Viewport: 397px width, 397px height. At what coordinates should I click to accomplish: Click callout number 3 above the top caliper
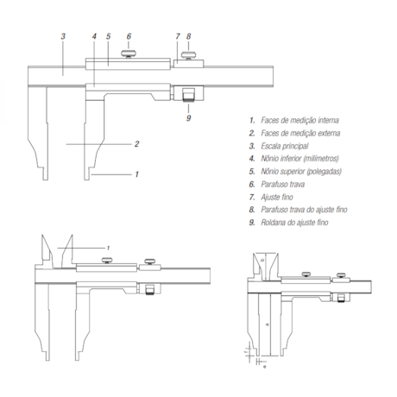pyautogui.click(x=63, y=36)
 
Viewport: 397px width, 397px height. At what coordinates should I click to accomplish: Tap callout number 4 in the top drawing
pyautogui.click(x=94, y=36)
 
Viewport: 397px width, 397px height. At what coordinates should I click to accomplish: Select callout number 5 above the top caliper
pyautogui.click(x=108, y=36)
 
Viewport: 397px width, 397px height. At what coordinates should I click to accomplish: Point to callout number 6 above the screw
pyautogui.click(x=129, y=36)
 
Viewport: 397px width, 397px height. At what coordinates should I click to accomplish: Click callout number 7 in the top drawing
pyautogui.click(x=178, y=36)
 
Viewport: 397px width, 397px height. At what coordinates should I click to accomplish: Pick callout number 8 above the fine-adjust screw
pyautogui.click(x=188, y=36)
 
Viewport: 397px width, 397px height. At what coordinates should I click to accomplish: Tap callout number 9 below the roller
pyautogui.click(x=188, y=118)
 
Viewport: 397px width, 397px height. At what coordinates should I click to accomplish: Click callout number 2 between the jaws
pyautogui.click(x=136, y=144)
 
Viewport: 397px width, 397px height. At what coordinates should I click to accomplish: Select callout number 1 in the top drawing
pyautogui.click(x=136, y=174)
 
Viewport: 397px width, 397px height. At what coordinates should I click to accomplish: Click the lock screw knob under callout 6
pyautogui.click(x=129, y=54)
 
